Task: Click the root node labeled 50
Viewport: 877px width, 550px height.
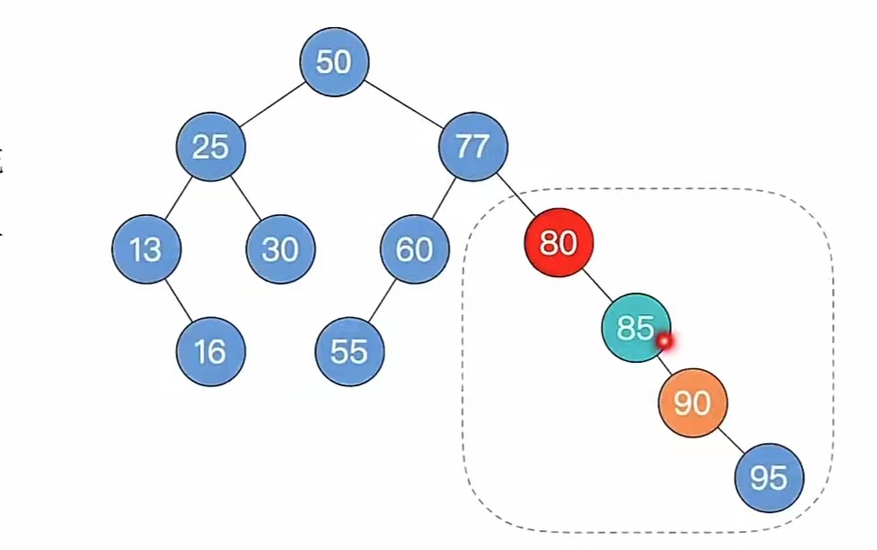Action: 334,62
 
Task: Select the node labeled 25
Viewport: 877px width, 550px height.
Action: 211,146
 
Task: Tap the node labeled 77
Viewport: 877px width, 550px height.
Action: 473,146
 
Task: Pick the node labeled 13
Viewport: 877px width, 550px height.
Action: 146,249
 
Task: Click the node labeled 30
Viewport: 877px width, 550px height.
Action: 280,249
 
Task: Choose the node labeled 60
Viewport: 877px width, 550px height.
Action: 414,249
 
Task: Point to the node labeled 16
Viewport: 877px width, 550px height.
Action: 211,351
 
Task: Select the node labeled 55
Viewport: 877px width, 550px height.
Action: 349,351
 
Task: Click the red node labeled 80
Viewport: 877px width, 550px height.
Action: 558,242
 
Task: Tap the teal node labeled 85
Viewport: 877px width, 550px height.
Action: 636,328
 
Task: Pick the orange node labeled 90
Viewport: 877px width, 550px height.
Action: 692,403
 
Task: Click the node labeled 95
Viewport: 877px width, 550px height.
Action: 769,478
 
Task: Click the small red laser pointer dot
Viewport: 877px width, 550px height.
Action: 665,341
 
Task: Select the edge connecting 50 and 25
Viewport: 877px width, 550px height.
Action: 272,104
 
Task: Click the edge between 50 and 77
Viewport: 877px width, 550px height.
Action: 403,104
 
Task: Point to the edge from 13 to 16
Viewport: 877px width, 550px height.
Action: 178,300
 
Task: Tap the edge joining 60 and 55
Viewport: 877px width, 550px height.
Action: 382,300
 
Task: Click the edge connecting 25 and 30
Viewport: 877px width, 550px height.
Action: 246,197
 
